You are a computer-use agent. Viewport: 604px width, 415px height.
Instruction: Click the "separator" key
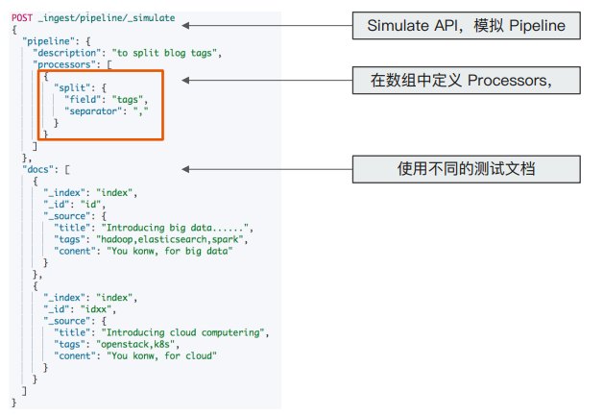click(98, 110)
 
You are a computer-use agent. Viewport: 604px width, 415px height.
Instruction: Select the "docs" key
click(39, 168)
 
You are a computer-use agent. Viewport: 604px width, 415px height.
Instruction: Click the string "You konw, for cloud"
click(164, 355)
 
